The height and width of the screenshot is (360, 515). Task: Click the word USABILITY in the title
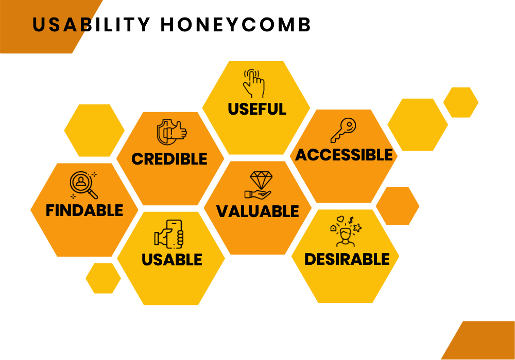[x=91, y=25]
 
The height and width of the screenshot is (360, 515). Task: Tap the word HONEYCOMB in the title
[x=235, y=25]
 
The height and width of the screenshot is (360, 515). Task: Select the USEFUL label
[x=257, y=109]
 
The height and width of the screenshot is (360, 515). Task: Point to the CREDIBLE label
[x=169, y=159]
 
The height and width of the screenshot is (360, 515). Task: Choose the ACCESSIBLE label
[x=344, y=155]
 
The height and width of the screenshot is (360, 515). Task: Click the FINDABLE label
[x=84, y=210]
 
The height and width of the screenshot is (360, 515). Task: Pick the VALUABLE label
[x=257, y=211]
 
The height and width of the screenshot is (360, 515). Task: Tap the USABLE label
[x=172, y=260]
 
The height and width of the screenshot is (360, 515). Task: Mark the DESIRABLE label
[x=347, y=259]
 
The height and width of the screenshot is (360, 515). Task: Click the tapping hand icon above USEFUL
[x=253, y=84]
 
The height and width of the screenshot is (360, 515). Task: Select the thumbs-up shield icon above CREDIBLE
[x=171, y=132]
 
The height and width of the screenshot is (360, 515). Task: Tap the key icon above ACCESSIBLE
[x=343, y=130]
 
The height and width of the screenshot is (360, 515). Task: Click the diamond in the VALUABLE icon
[x=261, y=179]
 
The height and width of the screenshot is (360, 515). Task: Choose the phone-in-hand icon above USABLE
[x=169, y=234]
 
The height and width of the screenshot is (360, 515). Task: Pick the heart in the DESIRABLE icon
[x=340, y=219]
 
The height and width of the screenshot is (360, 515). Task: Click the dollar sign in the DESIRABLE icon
[x=351, y=220]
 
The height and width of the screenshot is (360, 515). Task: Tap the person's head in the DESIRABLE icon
[x=345, y=234]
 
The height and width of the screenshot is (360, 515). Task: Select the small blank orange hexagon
[x=398, y=206]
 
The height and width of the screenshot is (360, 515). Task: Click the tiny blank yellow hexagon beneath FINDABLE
[x=103, y=278]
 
